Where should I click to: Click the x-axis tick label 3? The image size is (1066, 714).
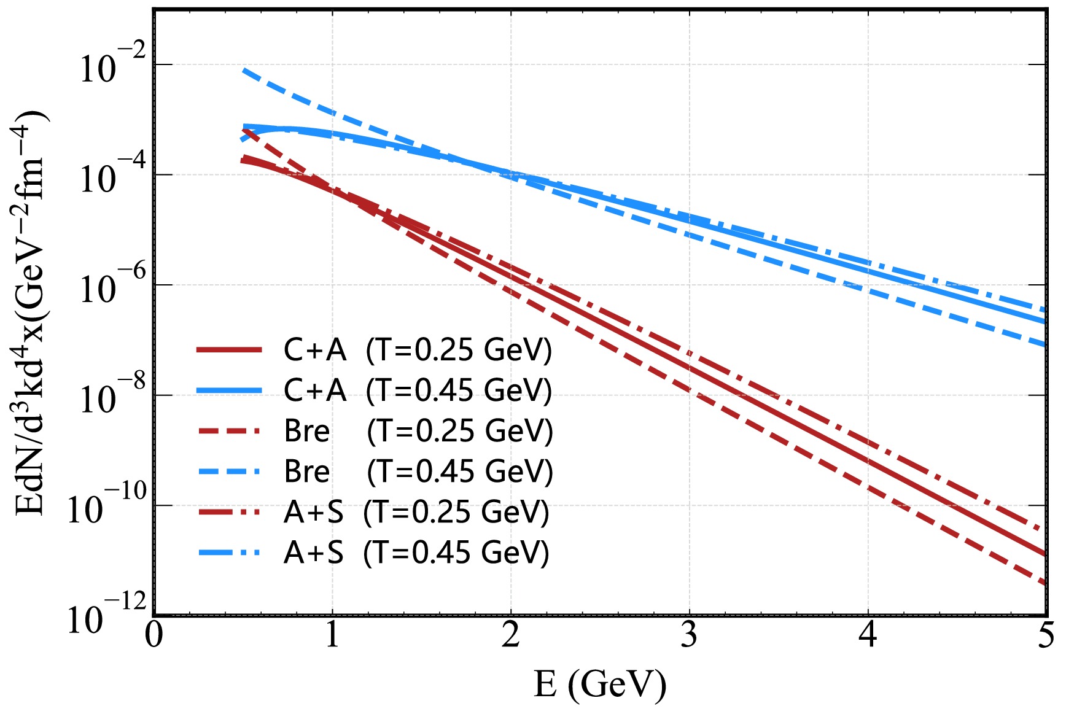[689, 635]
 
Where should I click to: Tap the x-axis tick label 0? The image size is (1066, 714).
[154, 635]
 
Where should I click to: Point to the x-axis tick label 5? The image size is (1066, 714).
[1046, 635]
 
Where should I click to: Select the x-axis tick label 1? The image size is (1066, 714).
[332, 635]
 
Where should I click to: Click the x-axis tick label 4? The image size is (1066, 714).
[868, 635]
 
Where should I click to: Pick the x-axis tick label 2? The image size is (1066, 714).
[511, 635]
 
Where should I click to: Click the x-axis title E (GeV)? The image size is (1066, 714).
[600, 684]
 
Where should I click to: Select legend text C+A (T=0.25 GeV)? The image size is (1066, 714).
[418, 350]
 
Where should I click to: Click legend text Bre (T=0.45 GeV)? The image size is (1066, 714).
[418, 471]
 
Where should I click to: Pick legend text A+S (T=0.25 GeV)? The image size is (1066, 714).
[416, 512]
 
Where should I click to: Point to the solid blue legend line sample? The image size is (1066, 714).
[230, 390]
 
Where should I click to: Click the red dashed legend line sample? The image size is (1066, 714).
[230, 431]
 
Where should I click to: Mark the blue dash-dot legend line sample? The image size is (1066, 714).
[230, 553]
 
